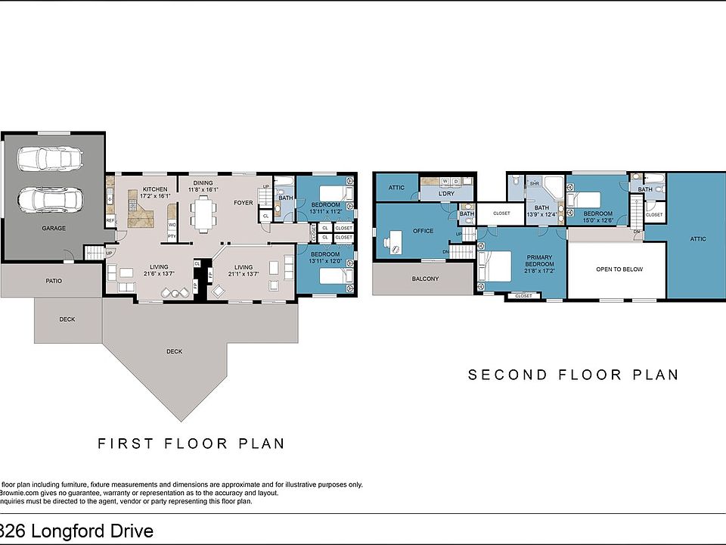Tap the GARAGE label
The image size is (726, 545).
[54, 228]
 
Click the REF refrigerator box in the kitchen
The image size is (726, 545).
[110, 221]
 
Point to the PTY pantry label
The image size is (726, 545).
[172, 236]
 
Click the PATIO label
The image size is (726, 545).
[53, 281]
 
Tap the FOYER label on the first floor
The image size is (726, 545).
[243, 203]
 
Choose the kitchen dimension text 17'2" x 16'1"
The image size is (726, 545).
[154, 195]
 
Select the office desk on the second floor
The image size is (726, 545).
[394, 241]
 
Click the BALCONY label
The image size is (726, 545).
[425, 279]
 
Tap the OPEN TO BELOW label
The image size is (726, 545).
[619, 269]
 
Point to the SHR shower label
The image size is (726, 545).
[534, 183]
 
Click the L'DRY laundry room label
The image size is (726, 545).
[445, 193]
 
